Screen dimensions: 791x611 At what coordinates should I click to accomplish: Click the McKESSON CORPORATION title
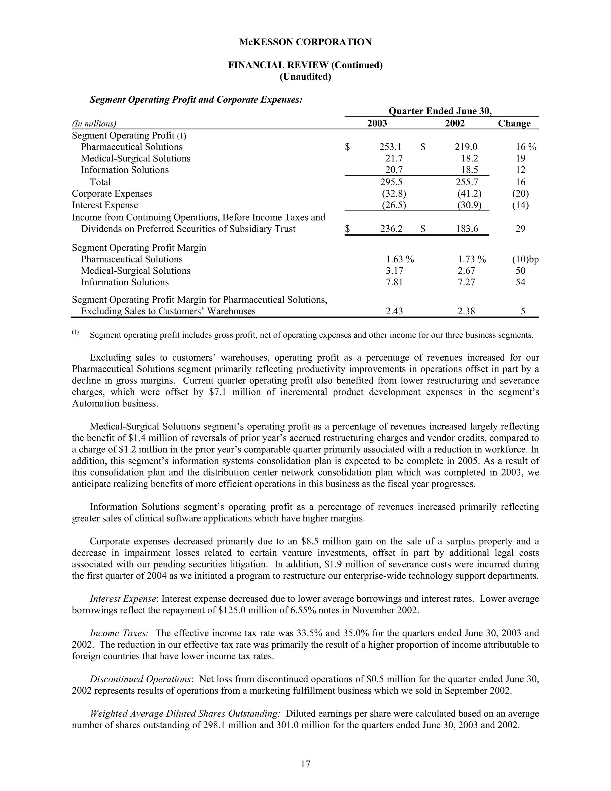click(x=305, y=42)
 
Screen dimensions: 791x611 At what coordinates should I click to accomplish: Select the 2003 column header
click(x=377, y=124)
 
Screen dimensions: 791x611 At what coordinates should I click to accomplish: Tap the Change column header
click(x=514, y=124)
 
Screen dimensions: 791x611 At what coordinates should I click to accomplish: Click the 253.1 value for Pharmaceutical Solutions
click(x=391, y=147)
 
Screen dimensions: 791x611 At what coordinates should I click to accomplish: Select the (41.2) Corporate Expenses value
click(x=470, y=194)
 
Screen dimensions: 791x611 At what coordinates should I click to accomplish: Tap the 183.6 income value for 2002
click(x=467, y=229)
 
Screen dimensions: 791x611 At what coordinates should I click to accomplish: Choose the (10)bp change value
click(x=525, y=259)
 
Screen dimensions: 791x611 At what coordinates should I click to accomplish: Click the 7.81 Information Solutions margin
click(x=394, y=282)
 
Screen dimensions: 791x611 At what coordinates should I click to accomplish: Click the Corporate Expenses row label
click(x=112, y=194)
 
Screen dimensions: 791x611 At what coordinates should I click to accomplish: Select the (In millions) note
click(x=94, y=124)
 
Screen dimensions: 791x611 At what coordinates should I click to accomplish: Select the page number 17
click(x=305, y=764)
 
